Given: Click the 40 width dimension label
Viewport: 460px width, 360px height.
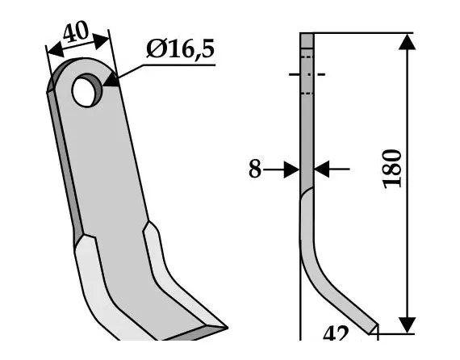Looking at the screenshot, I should (x=77, y=34).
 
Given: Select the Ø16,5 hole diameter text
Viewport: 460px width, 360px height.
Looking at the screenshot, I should (x=180, y=50).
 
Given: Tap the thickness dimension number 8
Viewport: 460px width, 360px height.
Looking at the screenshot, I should (x=254, y=170).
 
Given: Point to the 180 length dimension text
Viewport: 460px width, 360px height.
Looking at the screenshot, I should (x=393, y=168).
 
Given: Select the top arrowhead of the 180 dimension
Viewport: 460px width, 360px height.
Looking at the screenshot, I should (x=408, y=42).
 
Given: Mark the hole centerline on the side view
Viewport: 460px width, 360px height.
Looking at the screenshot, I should (x=307, y=75).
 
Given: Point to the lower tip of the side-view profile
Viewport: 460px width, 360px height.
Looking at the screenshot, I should (x=372, y=327).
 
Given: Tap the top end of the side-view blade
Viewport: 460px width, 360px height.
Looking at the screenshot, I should (x=307, y=36).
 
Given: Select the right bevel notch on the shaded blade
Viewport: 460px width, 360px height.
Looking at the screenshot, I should (x=148, y=229).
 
